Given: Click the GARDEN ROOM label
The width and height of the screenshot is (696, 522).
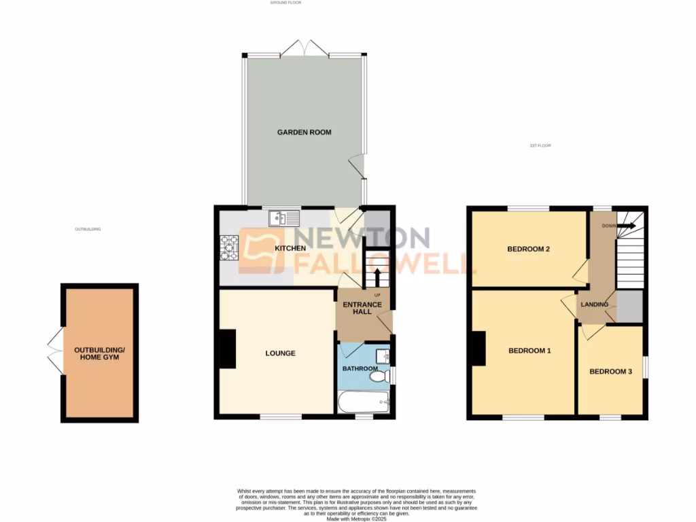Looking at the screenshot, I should (304, 132).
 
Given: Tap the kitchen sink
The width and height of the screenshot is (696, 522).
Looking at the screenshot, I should (284, 218).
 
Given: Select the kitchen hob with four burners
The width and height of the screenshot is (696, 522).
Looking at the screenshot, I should (228, 247).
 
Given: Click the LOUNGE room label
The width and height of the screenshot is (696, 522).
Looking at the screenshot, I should (280, 353).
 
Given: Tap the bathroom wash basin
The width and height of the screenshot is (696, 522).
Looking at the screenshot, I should (382, 355).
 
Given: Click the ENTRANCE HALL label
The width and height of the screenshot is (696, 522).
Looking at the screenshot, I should (362, 308).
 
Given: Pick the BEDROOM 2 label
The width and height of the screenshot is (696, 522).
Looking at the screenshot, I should (528, 249).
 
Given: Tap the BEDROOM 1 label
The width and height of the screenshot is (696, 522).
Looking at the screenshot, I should (529, 351).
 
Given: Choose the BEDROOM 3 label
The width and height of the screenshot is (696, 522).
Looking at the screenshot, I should (610, 372).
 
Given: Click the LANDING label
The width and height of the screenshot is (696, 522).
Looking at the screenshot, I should (594, 304).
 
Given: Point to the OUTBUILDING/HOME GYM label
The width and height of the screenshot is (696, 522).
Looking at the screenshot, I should (99, 353).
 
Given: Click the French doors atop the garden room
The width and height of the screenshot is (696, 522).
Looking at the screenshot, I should (305, 49).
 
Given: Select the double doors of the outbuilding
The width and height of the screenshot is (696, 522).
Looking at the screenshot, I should (54, 351).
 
